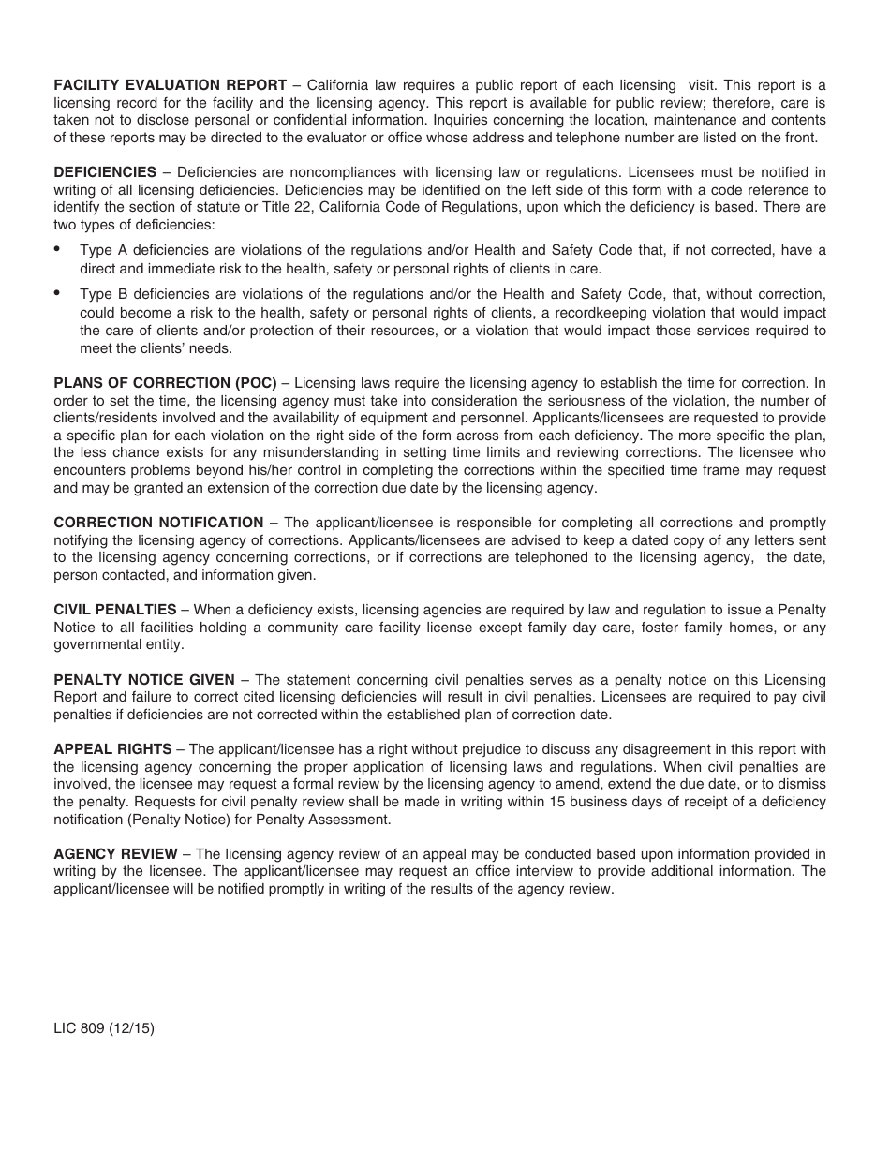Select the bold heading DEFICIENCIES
tap(105, 172)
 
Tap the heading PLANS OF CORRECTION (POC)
tap(165, 383)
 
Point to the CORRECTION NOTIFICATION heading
tap(158, 523)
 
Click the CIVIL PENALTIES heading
tap(114, 610)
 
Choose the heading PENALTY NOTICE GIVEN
tap(144, 680)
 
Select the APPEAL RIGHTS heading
tap(112, 749)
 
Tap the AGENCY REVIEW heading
tap(115, 854)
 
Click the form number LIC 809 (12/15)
tap(104, 1028)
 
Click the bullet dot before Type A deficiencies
tap(57, 249)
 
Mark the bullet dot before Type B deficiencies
tap(57, 293)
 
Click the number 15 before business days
tap(613, 802)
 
